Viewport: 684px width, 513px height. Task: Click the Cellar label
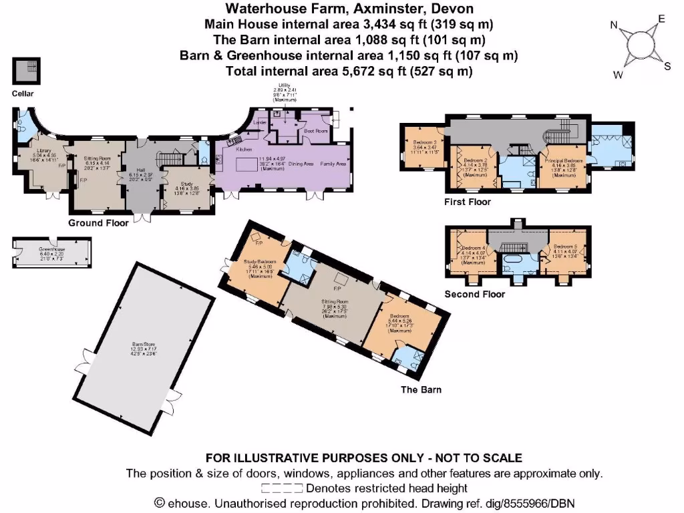[23, 94]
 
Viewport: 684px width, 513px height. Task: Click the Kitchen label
[244, 150]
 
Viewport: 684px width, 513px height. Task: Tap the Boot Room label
[317, 132]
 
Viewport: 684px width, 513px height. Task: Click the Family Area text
[333, 164]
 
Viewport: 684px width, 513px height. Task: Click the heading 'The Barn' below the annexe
[420, 390]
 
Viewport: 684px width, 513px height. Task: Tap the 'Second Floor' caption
[475, 294]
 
